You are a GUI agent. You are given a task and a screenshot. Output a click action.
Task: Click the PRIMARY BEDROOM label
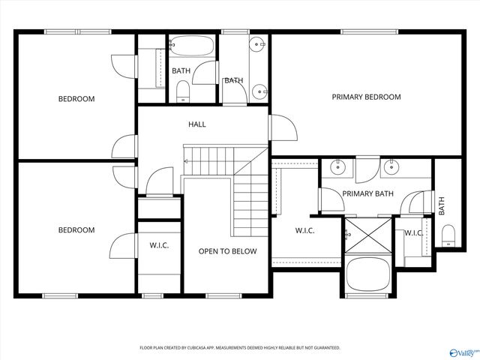366,97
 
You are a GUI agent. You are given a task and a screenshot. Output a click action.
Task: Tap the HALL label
196,124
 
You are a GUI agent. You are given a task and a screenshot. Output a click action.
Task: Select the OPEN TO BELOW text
227,251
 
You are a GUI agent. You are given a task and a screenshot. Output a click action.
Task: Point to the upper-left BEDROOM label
76,99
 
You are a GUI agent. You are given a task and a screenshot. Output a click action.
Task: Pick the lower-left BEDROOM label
76,230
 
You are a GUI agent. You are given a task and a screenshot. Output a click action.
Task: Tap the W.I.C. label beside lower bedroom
159,244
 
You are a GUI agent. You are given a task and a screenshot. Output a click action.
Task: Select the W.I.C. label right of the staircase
304,230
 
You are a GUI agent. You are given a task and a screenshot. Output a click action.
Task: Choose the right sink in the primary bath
391,167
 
